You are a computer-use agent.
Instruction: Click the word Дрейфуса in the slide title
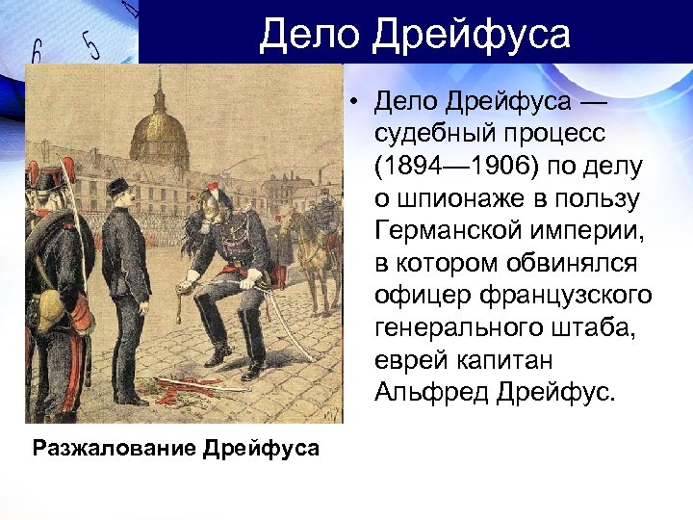click(x=472, y=35)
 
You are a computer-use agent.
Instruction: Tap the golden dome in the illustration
click(x=159, y=135)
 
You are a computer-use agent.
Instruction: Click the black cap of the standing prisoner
click(x=118, y=186)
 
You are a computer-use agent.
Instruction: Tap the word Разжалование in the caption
click(x=115, y=448)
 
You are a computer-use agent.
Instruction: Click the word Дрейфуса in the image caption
click(x=261, y=448)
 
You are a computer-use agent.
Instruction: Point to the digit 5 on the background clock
click(x=91, y=45)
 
